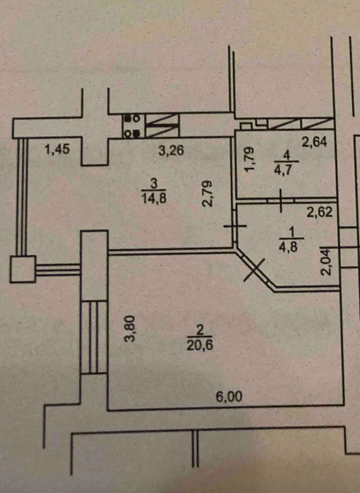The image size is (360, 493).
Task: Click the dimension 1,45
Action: (57, 149)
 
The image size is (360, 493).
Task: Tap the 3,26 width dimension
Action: (171, 150)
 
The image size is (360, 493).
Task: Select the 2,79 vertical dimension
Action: (207, 193)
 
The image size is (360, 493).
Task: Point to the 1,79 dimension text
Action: (248, 160)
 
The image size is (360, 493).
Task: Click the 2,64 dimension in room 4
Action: (314, 142)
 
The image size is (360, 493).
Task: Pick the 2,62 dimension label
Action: (319, 212)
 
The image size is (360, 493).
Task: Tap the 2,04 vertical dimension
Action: (326, 262)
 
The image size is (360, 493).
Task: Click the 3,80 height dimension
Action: (129, 329)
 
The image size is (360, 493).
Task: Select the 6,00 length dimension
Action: (229, 397)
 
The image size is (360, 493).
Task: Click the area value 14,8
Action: (154, 198)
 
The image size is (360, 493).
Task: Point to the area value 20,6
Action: (200, 345)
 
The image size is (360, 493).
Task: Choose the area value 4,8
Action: (288, 246)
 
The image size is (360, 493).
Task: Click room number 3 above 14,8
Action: (154, 182)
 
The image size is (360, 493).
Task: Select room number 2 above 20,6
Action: (200, 330)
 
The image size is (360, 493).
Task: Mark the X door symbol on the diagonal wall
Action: (255, 269)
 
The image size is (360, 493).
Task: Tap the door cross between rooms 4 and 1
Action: (281, 200)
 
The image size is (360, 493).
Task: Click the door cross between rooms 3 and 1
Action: (235, 226)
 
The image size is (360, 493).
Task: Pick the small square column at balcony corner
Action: (23, 269)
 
